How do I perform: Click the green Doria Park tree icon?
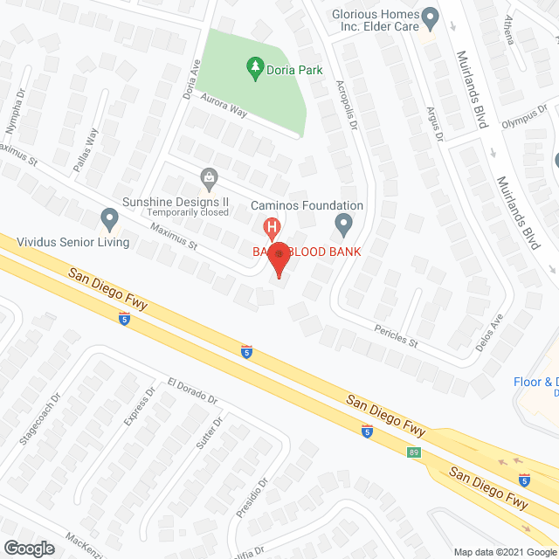click(x=255, y=66)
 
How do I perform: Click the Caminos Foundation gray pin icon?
click(x=343, y=224)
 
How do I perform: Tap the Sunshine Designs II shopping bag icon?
click(x=209, y=178)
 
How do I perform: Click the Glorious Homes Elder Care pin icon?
click(x=430, y=16)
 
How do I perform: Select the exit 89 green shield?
click(x=413, y=452)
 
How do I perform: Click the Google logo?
click(x=28, y=549)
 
